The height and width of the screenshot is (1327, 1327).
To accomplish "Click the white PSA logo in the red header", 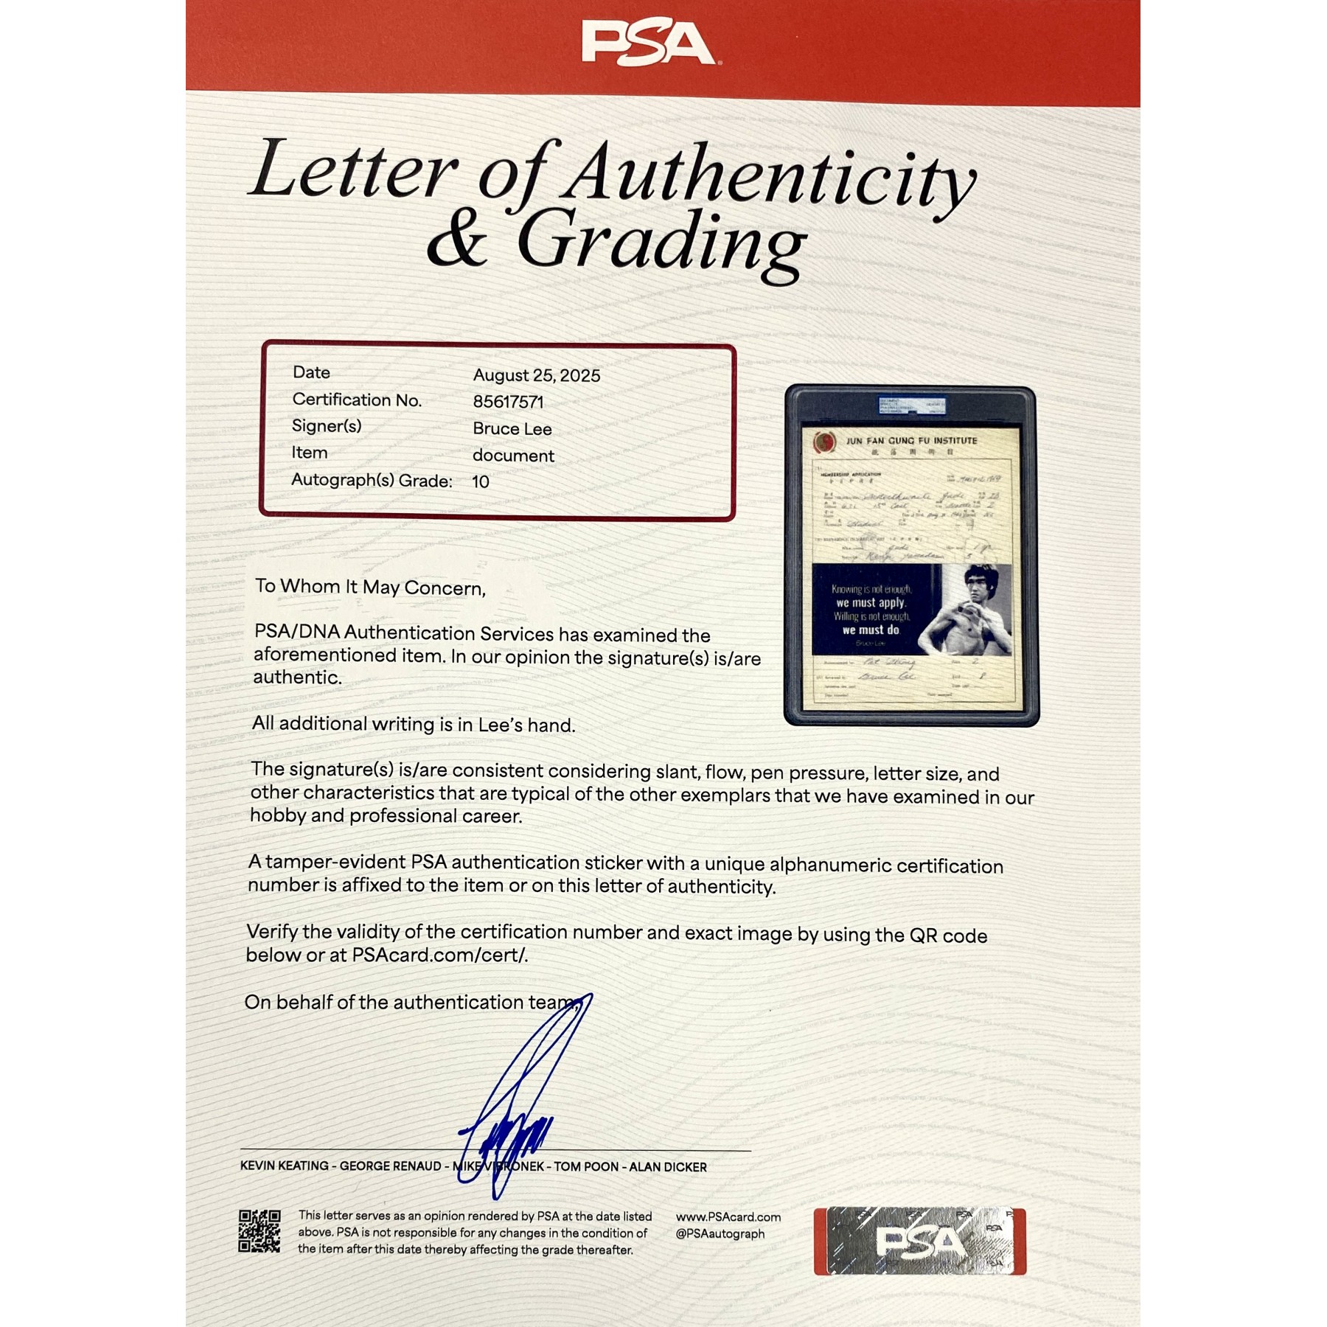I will click(x=647, y=43).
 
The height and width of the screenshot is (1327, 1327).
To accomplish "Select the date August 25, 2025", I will click(x=536, y=375).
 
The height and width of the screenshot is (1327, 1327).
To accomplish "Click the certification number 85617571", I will click(x=508, y=402).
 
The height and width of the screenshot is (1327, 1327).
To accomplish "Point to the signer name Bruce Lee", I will click(x=512, y=429).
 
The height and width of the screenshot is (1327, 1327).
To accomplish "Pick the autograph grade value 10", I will click(x=480, y=482).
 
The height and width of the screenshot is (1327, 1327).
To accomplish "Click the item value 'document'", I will click(x=513, y=456).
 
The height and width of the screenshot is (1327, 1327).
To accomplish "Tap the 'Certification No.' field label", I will click(x=357, y=400).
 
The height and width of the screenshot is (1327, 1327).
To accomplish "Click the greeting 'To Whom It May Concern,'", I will click(x=370, y=588).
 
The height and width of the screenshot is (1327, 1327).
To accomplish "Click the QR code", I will click(x=260, y=1230).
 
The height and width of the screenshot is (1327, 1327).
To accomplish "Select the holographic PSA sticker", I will click(x=919, y=1241).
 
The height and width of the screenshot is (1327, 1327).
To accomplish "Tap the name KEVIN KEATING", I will click(x=285, y=1166).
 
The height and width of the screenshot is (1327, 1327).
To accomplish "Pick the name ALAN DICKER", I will click(x=667, y=1167).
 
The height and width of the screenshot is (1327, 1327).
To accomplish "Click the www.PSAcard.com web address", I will click(x=728, y=1217).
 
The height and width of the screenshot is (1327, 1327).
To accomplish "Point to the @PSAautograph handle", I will click(x=720, y=1234).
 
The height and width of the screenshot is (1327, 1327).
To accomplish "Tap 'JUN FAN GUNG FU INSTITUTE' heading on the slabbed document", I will click(x=911, y=441).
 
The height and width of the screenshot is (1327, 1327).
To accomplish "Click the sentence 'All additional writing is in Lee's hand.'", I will click(x=413, y=725).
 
